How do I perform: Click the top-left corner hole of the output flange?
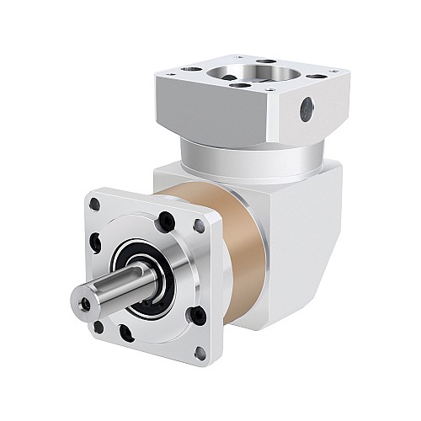pos(95,204)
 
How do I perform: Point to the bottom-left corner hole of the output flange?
pos(99,325)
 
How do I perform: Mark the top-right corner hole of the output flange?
pos(199,225)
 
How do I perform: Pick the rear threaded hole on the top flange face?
pos(263,61)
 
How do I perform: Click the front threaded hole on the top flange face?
pos(237,85)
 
